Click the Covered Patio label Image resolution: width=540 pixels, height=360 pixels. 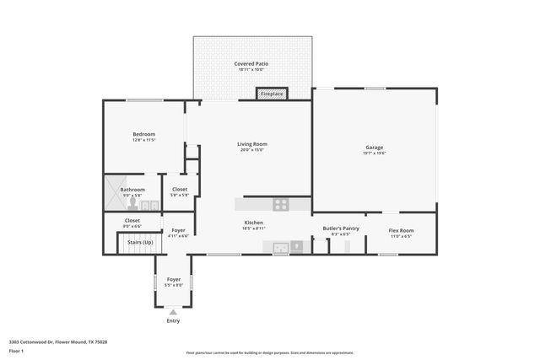pyautogui.click(x=252, y=64)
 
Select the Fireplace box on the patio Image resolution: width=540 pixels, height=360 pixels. pyautogui.click(x=272, y=94)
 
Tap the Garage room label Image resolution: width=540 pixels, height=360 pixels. pyautogui.click(x=374, y=147)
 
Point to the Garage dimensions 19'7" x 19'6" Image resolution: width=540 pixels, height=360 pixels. pyautogui.click(x=374, y=153)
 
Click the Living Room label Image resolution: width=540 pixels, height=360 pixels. pyautogui.click(x=251, y=144)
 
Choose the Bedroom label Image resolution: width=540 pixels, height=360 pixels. pyautogui.click(x=144, y=135)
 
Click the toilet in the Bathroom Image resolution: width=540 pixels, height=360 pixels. pyautogui.click(x=132, y=205)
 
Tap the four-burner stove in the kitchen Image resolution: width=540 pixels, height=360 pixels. pyautogui.click(x=280, y=204)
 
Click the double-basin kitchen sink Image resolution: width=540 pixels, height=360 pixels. pyautogui.click(x=280, y=247)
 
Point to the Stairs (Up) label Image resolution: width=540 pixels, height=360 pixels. pyautogui.click(x=140, y=242)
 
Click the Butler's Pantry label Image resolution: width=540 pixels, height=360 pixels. pyautogui.click(x=341, y=228)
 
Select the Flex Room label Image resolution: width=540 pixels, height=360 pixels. pyautogui.click(x=401, y=230)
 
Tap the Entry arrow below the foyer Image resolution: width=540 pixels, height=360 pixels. pyautogui.click(x=173, y=312)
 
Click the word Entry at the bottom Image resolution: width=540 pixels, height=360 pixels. pyautogui.click(x=173, y=320)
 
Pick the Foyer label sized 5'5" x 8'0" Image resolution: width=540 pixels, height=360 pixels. pyautogui.click(x=173, y=279)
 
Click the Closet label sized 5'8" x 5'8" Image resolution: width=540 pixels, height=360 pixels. pyautogui.click(x=180, y=190)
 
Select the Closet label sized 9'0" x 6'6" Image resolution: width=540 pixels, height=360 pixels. pyautogui.click(x=132, y=220)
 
